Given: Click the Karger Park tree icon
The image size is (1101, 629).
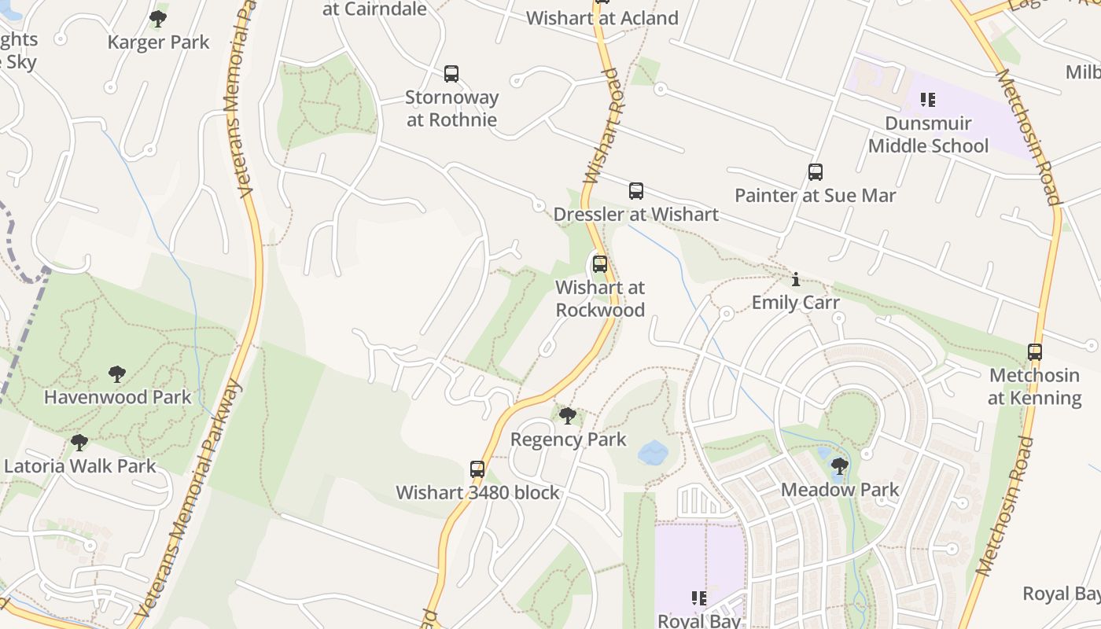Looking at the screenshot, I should click(158, 18).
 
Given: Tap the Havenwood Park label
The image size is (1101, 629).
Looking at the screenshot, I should click(117, 397).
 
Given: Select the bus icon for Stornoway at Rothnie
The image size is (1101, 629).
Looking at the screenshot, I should click(451, 74).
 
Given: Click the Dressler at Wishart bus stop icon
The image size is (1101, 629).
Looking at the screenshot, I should click(635, 191).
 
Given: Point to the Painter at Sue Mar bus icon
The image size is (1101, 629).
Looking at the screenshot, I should click(816, 172).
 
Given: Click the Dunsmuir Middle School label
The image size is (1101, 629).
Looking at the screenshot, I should click(928, 134).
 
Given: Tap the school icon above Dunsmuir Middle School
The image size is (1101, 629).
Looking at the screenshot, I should click(928, 100).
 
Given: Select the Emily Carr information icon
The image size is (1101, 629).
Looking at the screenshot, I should click(796, 279).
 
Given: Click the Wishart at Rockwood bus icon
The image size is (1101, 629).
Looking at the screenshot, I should click(600, 264).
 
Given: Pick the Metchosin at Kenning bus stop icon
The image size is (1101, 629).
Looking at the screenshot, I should click(1035, 352).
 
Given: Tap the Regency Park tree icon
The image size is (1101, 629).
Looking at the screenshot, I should click(567, 416).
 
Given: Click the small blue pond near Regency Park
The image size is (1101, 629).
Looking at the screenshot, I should click(653, 452).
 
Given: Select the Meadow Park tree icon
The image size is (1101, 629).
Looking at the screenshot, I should click(840, 466).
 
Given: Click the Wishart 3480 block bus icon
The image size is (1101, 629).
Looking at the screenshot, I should click(477, 469).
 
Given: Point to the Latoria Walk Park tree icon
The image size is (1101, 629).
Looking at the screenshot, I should click(79, 443).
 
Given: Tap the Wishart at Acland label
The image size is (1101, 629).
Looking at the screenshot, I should click(602, 18).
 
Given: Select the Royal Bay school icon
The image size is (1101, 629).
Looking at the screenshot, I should click(698, 599).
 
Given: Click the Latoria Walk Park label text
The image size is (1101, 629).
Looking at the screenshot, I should click(80, 465).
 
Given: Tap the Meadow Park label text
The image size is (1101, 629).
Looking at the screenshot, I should click(840, 490).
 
